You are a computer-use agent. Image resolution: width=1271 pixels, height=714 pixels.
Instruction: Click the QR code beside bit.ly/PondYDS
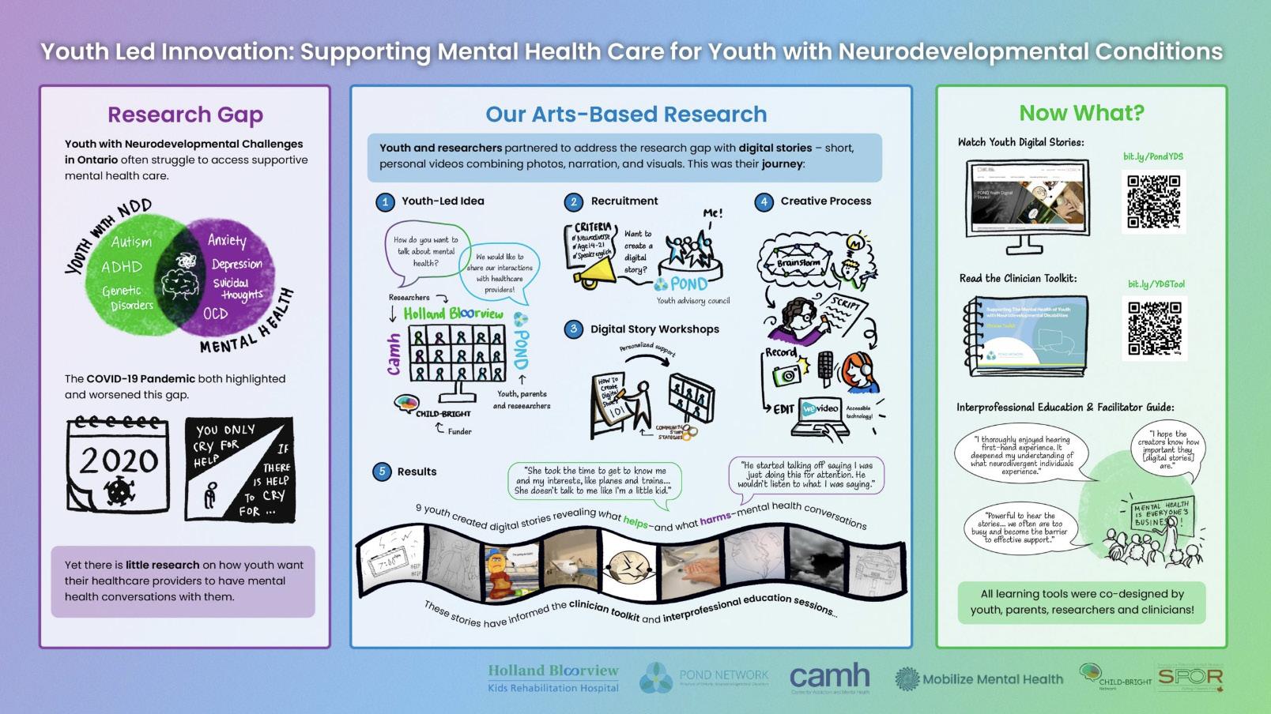1153,201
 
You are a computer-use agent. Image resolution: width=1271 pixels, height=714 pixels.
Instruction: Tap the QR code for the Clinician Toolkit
1153,328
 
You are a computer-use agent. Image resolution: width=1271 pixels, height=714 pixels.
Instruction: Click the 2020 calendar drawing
119,466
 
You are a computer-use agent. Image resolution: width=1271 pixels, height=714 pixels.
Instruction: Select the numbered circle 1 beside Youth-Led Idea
385,202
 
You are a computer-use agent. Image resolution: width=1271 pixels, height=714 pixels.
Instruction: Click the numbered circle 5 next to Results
382,472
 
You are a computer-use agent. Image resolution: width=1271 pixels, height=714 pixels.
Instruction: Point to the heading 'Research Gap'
185,115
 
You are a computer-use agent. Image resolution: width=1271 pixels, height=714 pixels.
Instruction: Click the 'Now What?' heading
1081,113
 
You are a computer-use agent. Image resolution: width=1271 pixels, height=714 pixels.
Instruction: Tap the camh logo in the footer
830,678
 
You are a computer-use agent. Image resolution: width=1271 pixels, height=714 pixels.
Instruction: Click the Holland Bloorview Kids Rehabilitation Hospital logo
553,678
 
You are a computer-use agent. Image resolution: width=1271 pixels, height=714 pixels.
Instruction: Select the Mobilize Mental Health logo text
992,678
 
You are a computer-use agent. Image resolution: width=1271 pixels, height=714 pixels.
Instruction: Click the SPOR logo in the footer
1190,677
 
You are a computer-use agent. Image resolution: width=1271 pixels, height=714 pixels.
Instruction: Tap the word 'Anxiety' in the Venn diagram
227,240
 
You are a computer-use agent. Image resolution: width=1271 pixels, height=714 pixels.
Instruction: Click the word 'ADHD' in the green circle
122,267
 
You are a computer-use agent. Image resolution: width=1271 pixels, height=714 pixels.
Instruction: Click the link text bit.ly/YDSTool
1156,284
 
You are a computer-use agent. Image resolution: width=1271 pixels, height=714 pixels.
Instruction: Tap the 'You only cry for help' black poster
239,470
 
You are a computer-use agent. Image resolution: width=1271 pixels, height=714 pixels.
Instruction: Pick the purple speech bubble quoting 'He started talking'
805,475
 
